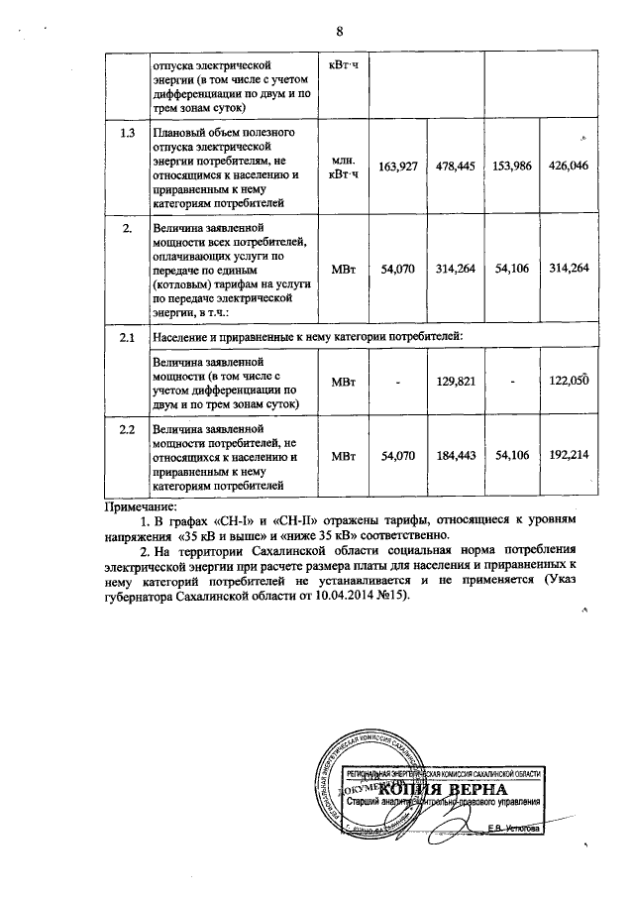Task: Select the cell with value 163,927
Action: pos(396,166)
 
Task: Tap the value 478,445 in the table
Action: pos(454,166)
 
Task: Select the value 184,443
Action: pos(454,454)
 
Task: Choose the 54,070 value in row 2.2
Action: pos(396,454)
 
